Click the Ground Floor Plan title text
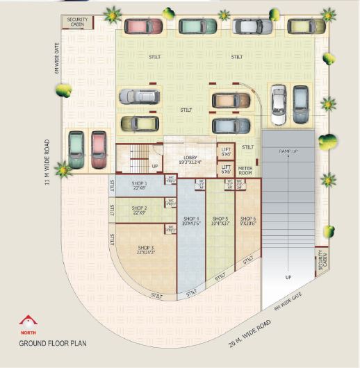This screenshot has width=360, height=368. (52, 343)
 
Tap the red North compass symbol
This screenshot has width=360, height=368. (28, 321)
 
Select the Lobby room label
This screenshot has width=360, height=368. (190, 160)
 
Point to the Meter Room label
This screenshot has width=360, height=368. (245, 170)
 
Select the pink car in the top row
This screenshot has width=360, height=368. (144, 26)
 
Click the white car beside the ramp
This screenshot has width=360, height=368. (278, 105)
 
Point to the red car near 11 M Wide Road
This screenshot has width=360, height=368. (99, 149)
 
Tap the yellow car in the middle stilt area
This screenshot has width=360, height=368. (140, 124)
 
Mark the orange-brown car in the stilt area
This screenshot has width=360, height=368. (231, 101)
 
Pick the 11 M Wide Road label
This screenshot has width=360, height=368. (47, 163)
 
